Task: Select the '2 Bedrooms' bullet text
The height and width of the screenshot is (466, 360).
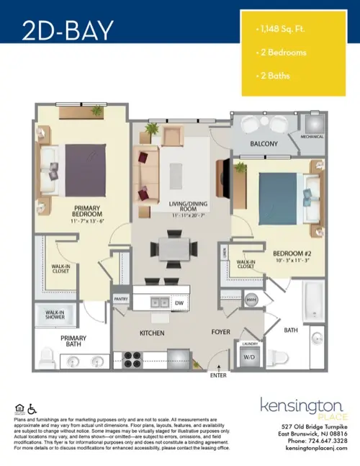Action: point(284,53)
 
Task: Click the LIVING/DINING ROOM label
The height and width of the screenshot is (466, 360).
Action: point(187,209)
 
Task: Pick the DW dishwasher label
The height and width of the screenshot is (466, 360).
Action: point(179,304)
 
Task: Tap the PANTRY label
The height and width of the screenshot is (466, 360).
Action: point(121,297)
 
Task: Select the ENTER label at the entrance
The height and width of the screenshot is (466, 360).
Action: point(218,375)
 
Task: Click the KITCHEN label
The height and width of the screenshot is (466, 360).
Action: point(152,334)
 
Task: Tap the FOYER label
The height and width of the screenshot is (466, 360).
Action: point(220,333)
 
